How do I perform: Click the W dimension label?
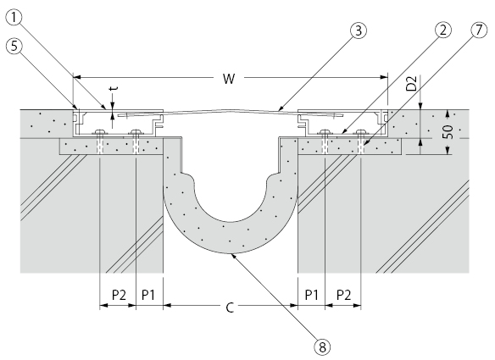(228, 79)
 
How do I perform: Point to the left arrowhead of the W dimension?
(77, 78)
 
